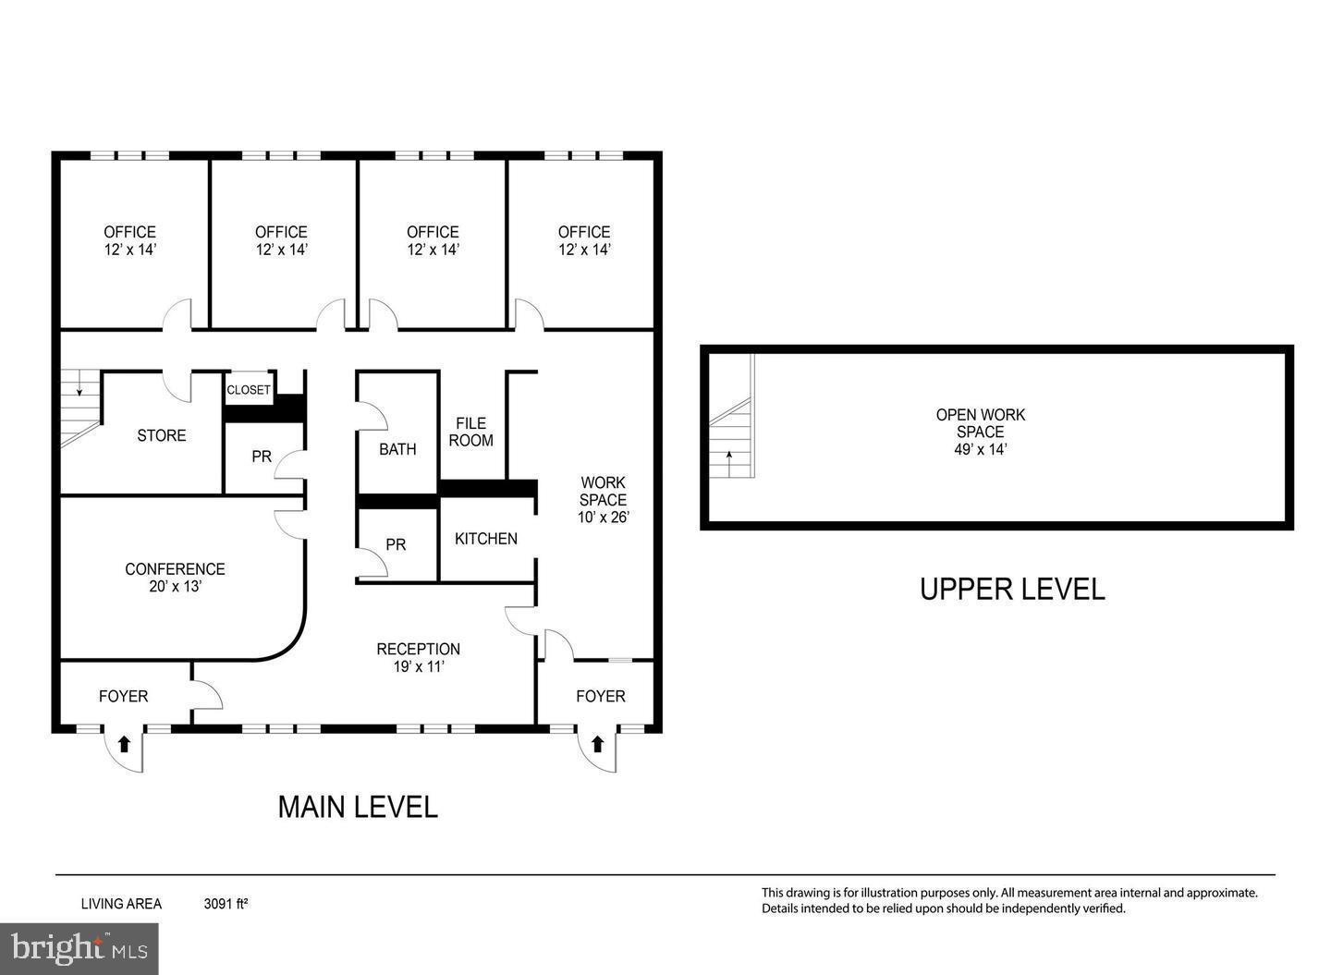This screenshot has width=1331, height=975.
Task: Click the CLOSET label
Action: (249, 390)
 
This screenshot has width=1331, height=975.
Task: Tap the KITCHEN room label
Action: (485, 538)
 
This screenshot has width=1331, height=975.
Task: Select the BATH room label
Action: (397, 449)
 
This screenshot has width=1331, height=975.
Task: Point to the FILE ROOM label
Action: (470, 432)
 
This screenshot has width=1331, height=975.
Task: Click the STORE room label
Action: (161, 435)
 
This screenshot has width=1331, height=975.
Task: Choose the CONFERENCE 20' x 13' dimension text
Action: (176, 587)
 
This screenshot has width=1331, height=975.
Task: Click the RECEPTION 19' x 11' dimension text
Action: (419, 666)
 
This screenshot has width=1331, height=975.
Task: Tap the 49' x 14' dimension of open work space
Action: (981, 449)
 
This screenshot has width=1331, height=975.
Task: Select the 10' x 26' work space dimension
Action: (603, 517)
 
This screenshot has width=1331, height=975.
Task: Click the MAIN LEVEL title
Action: (358, 807)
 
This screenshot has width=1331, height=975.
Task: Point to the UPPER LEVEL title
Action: (1012, 589)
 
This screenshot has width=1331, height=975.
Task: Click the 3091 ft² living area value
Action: (226, 904)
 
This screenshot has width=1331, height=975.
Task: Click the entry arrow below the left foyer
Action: (124, 744)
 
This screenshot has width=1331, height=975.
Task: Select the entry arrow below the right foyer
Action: (597, 744)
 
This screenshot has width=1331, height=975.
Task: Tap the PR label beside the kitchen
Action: (396, 544)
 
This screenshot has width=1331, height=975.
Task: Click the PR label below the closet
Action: (262, 457)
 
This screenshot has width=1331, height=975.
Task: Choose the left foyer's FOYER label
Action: (124, 696)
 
